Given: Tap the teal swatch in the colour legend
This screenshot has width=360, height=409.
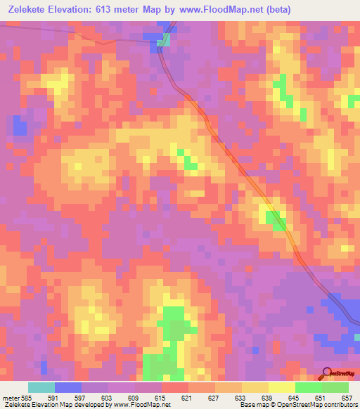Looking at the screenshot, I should (x=41, y=388).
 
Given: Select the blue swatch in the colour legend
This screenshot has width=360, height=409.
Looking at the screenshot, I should (x=68, y=388).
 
